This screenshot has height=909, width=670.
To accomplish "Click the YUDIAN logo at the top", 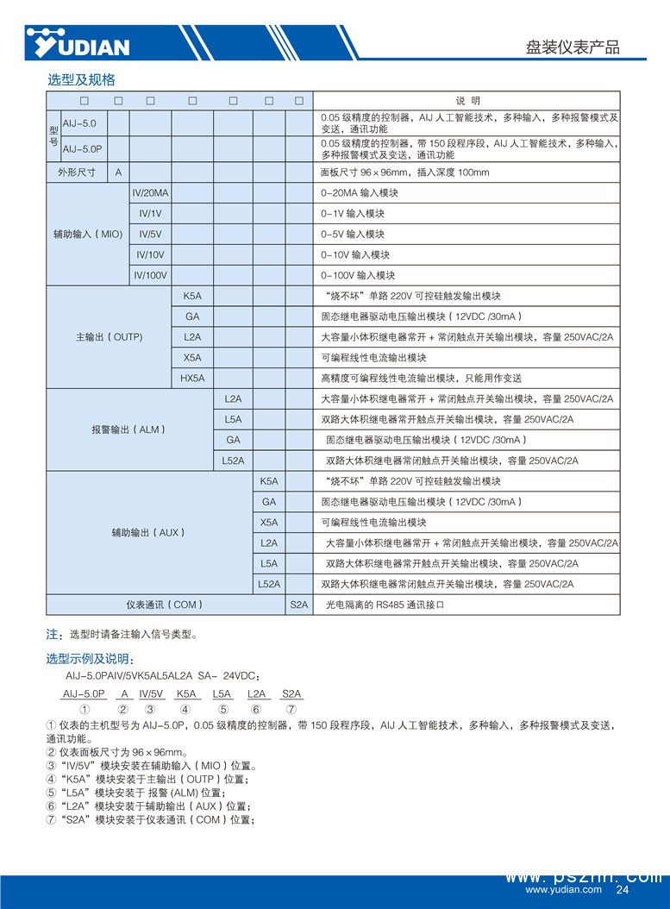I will pyautogui.click(x=78, y=41).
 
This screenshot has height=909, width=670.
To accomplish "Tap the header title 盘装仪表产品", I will pyautogui.click(x=573, y=47).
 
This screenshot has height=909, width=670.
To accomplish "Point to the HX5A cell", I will pyautogui.click(x=191, y=378).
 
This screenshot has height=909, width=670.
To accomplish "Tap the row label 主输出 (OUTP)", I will pyautogui.click(x=109, y=337).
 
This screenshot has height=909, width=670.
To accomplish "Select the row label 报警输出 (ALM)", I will pyautogui.click(x=128, y=429).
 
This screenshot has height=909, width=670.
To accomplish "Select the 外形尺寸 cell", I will pyautogui.click(x=76, y=172).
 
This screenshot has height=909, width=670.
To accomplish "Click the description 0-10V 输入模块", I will pyautogui.click(x=355, y=255).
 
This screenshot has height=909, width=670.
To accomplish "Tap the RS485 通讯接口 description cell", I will pyautogui.click(x=384, y=605).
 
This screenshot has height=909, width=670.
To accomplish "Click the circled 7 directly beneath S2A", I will pyautogui.click(x=291, y=709).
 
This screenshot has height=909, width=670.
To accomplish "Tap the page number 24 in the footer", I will pyautogui.click(x=623, y=890).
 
